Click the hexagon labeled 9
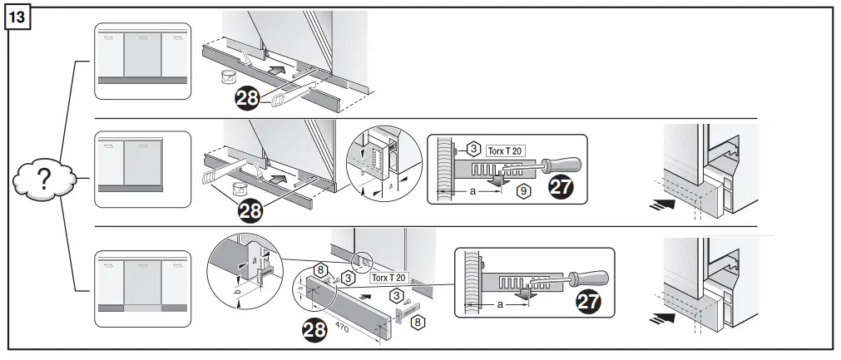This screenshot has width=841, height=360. (523, 191)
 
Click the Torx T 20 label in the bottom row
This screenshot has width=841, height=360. (388, 277)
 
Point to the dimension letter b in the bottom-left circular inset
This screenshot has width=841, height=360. (237, 293)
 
